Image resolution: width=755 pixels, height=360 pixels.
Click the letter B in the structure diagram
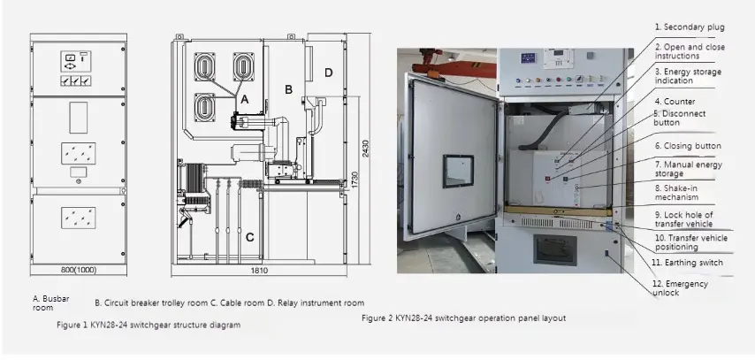click(287, 89)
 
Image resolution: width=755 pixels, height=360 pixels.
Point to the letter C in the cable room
click(250, 236)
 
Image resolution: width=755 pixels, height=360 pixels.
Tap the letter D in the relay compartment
click(329, 72)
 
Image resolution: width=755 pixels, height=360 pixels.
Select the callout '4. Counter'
click(675, 102)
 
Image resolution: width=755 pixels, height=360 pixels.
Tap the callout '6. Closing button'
click(687, 145)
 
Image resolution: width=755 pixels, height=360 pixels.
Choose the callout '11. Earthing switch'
click(688, 262)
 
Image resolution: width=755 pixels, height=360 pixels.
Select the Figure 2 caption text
click(464, 318)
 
